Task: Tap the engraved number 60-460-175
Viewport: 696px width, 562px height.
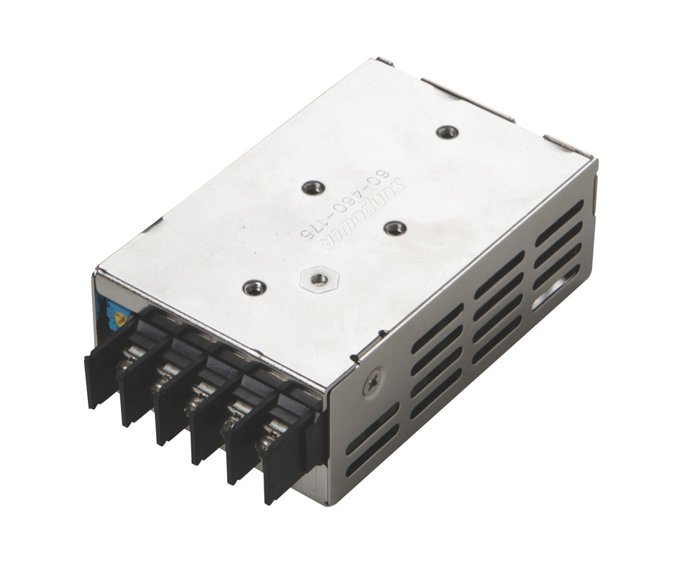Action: tap(347, 204)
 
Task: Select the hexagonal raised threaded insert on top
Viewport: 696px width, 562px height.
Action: tap(318, 279)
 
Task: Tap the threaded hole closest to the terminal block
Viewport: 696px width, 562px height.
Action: tap(254, 287)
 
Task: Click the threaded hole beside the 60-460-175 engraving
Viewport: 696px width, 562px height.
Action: tap(313, 188)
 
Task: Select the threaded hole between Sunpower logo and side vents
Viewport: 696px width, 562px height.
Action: tap(395, 228)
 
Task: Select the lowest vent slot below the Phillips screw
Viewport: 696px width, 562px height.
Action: tap(373, 450)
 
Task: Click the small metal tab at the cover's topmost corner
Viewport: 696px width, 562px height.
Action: tap(384, 61)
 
